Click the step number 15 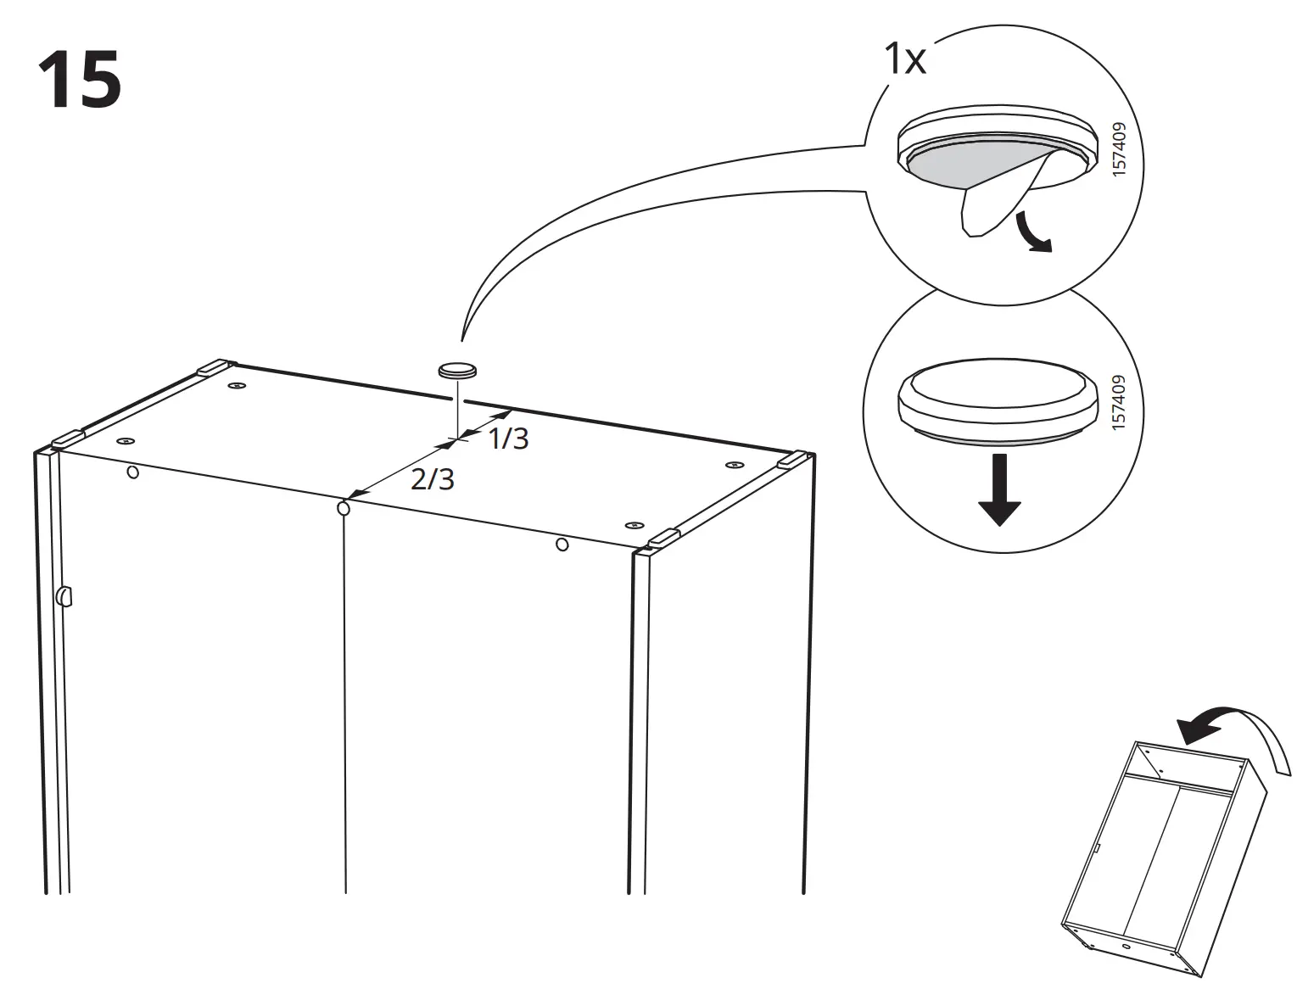(79, 81)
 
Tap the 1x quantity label (904, 60)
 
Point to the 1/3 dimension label (508, 439)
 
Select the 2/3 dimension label (433, 480)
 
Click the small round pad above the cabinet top (457, 371)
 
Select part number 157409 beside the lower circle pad (1118, 403)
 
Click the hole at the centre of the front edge (344, 508)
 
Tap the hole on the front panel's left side (132, 472)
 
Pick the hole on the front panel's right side (562, 544)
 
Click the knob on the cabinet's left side (64, 596)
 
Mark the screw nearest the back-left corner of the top (236, 387)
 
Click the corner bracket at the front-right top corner (664, 538)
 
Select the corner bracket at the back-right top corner (791, 460)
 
